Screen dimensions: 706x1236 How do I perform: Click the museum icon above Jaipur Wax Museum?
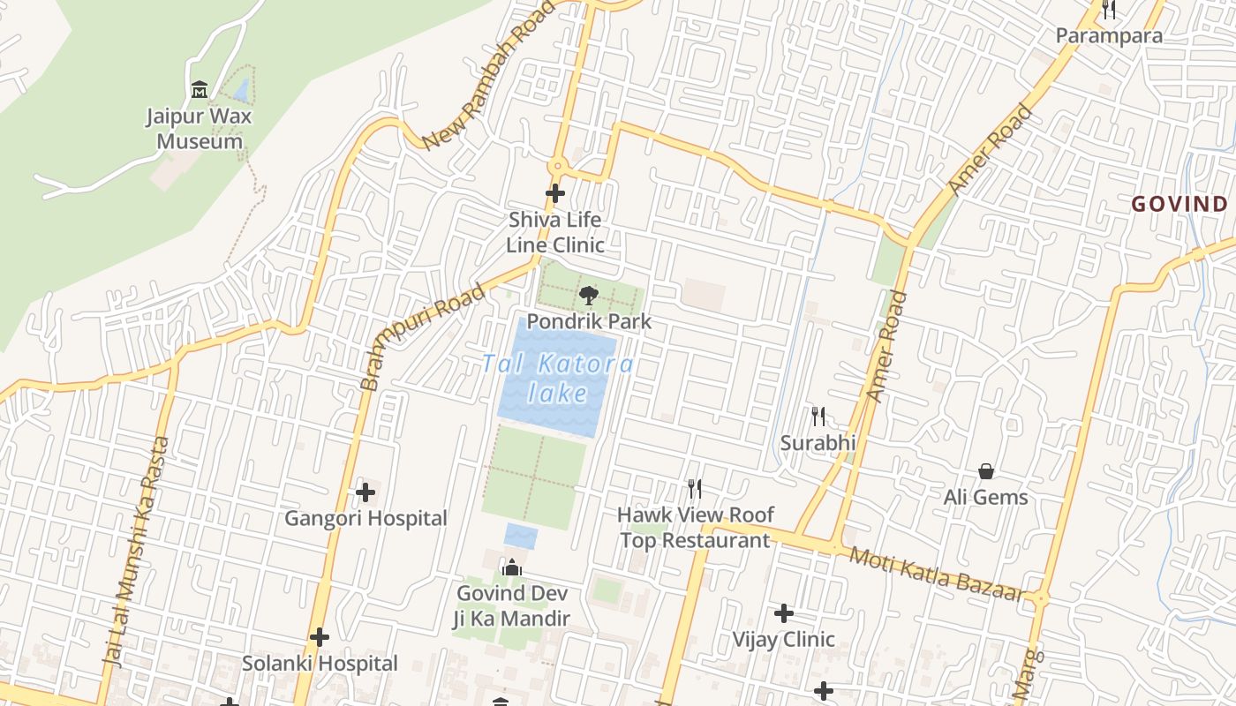point(200,89)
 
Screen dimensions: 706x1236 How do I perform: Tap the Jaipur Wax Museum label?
point(200,129)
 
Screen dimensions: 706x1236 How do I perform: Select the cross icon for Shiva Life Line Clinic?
point(555,192)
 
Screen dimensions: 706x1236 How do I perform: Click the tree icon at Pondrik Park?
point(588,296)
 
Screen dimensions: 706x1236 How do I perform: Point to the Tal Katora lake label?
point(558,378)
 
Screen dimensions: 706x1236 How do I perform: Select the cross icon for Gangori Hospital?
point(366,492)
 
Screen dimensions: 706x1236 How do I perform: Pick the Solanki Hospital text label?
point(320,664)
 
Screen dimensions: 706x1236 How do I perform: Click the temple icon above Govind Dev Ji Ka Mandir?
point(512,567)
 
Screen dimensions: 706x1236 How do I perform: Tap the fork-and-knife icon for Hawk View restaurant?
point(695,488)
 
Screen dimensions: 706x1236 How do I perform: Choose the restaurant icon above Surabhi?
point(818,416)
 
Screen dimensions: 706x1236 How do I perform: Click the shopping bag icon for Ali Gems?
point(986,471)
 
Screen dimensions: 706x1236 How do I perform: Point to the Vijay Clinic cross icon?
point(783,613)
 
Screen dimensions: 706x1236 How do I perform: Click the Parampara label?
point(1109,36)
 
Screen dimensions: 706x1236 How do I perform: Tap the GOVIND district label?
point(1179,205)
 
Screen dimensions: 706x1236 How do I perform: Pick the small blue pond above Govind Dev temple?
point(521,536)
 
